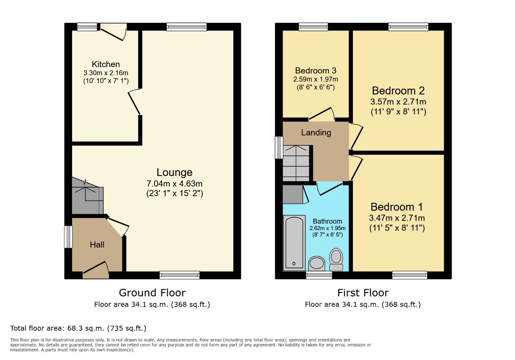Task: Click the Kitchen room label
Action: pos(106,64)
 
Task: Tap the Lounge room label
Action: pos(174,172)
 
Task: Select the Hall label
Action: pos(97,244)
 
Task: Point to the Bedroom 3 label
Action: pos(316,71)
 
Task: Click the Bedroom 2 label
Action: pos(398,90)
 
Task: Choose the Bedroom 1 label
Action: pos(397,207)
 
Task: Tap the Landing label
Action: pos(316,133)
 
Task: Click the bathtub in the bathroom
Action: pos(294,243)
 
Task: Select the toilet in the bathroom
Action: pos(336,260)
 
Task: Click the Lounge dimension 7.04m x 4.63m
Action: pos(174,184)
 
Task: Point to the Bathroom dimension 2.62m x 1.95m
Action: pos(327,228)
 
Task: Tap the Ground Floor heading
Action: pos(152,292)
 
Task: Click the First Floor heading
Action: pos(363,292)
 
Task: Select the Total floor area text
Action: pos(78,328)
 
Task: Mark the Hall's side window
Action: pos(68,237)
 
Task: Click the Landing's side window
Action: pos(279,147)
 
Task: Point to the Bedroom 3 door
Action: pos(321,114)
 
